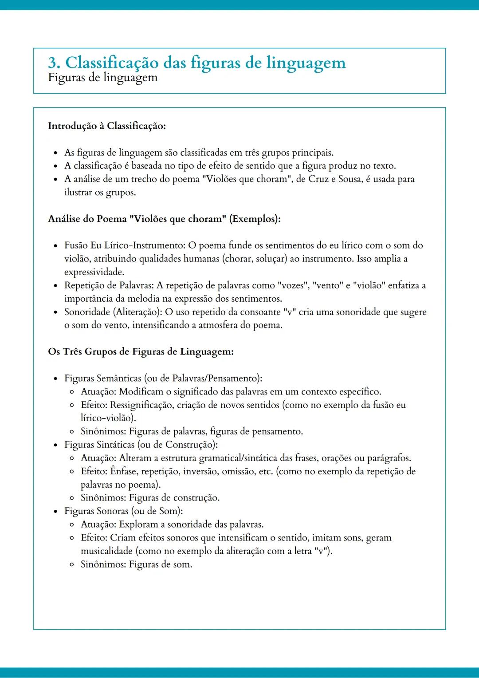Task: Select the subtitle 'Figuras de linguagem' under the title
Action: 102,78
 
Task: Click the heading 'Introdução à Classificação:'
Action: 106,126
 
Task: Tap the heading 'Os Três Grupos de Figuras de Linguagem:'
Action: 141,352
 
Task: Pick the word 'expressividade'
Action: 94,272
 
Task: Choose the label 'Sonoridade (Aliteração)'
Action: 113,312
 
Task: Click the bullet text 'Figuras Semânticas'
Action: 103,378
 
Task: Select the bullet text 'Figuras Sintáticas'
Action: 99,445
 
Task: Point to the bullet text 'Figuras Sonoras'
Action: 96,511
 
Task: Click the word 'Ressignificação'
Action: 141,405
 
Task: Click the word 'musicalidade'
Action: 106,551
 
